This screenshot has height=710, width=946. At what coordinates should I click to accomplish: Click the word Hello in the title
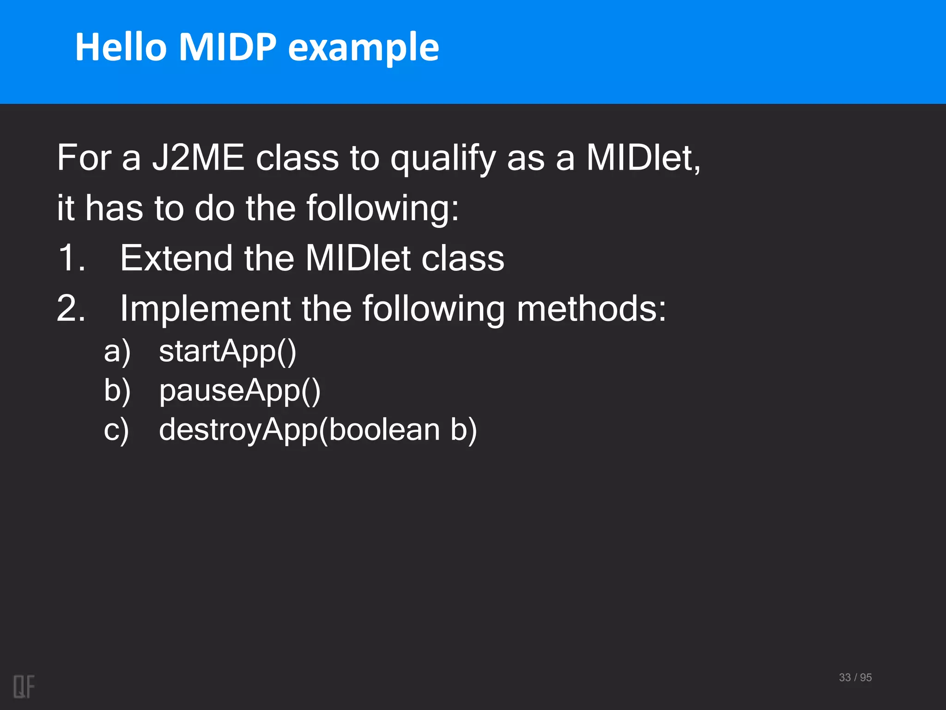(121, 47)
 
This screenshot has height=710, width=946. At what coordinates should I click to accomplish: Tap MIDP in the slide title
(228, 47)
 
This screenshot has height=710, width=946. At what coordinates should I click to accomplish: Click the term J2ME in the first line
(198, 158)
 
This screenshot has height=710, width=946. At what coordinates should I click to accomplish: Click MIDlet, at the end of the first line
(643, 158)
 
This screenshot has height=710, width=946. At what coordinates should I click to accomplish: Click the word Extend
(176, 258)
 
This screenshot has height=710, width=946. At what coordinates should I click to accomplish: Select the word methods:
(591, 308)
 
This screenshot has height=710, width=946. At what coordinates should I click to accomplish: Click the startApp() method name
(227, 352)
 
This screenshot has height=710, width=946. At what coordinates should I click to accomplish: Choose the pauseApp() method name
(239, 392)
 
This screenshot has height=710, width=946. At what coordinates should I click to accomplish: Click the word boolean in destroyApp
(384, 430)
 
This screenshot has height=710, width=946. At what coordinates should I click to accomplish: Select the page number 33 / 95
(855, 678)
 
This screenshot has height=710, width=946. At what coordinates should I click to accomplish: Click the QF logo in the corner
(24, 686)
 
